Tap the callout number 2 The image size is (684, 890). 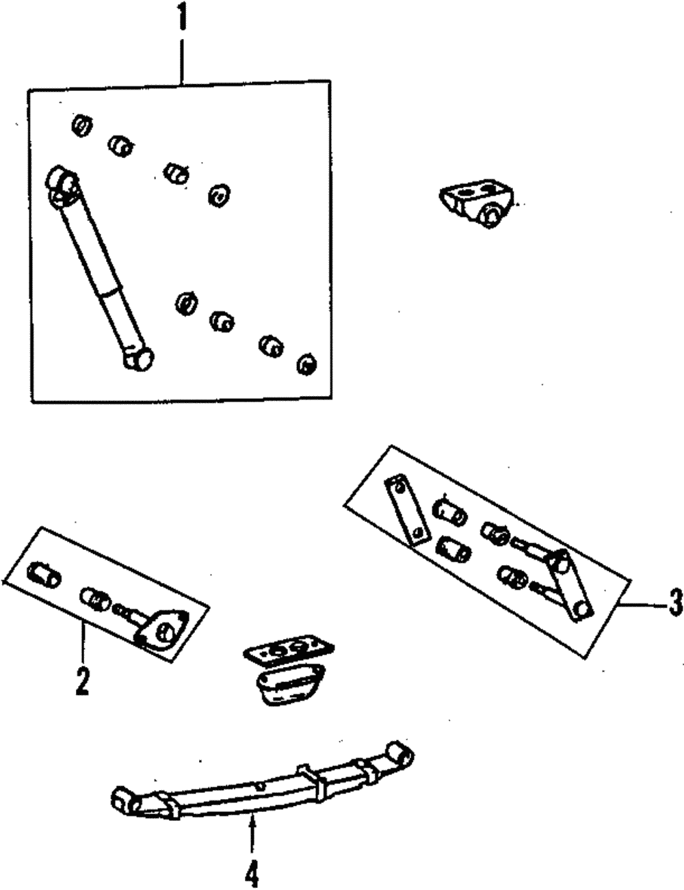(82, 679)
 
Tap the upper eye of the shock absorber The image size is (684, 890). (62, 182)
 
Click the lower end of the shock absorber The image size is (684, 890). (139, 358)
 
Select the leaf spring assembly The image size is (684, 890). (260, 787)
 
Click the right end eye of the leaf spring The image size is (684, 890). (399, 754)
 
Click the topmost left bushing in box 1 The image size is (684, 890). (81, 126)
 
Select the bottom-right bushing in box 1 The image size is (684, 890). (306, 364)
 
